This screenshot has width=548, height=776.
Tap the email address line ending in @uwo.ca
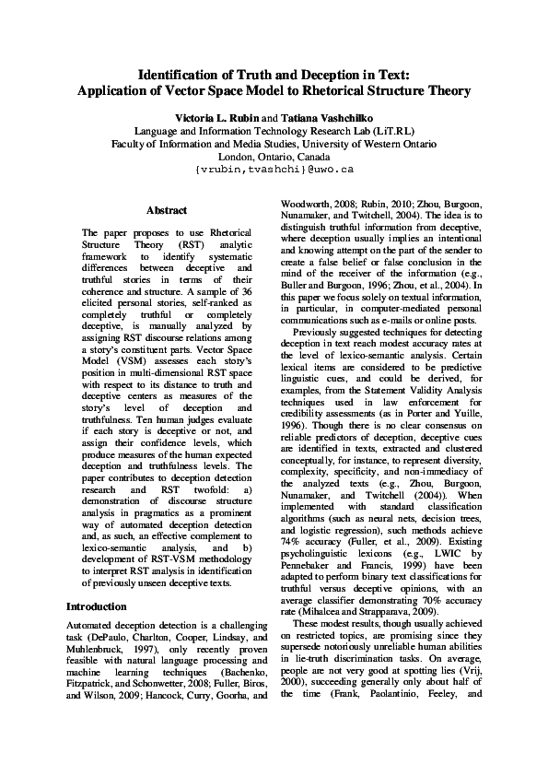(274, 170)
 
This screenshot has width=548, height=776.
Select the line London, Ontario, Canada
(274, 157)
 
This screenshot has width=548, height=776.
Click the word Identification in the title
(180, 74)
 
